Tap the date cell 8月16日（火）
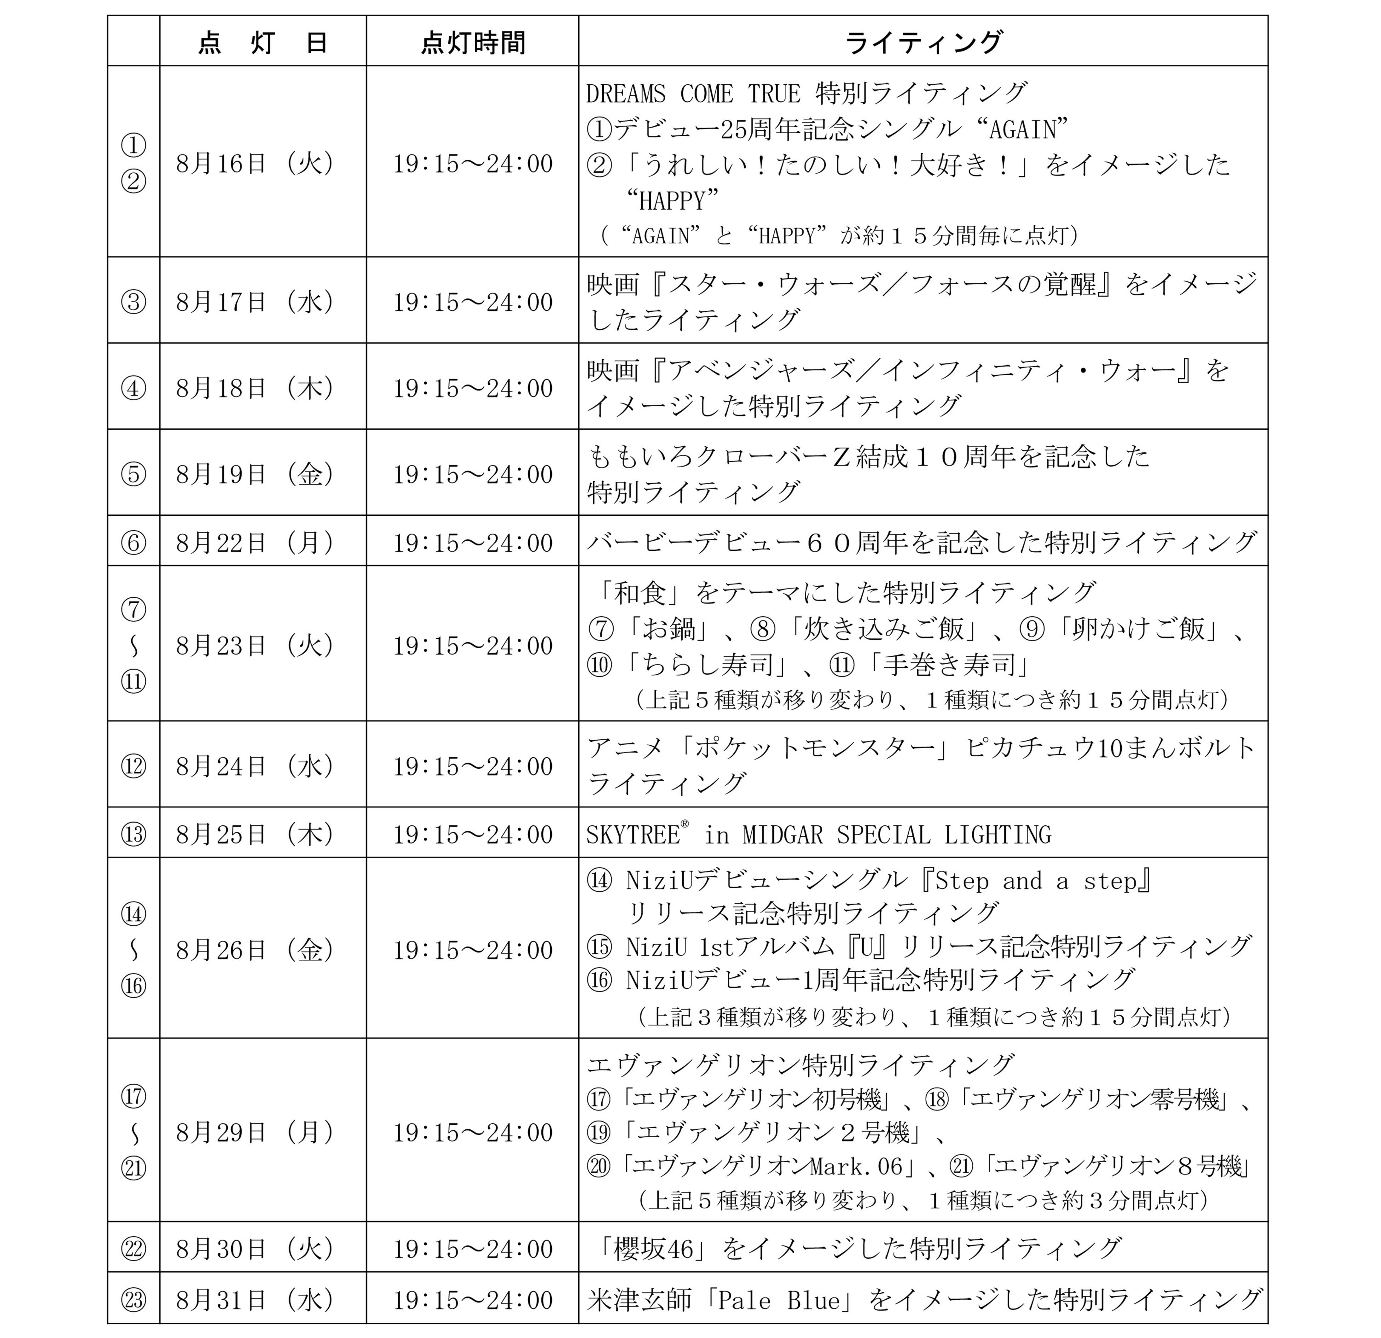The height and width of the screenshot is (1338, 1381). (x=255, y=164)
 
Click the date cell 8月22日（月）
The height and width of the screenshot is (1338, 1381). (x=255, y=543)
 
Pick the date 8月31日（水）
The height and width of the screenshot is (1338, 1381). (x=255, y=1300)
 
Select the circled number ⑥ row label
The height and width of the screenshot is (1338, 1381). (x=134, y=543)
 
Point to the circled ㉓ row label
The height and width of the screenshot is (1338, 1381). (x=134, y=1300)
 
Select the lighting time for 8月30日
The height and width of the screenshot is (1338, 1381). (x=473, y=1249)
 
